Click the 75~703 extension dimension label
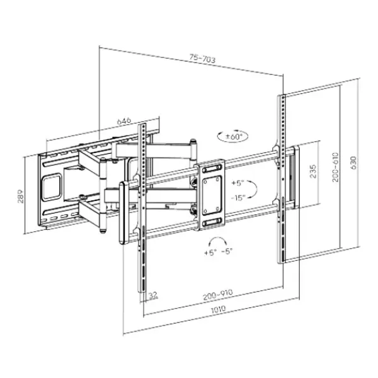coord(202,59)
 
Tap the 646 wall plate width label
coord(124,121)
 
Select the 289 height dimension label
coord(21,196)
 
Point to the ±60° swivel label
coord(233,137)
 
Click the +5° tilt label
coord(238,183)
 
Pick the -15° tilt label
coord(238,198)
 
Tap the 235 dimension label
coord(313,171)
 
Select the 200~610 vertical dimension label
coord(335,167)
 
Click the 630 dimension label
coord(353,163)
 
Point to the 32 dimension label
coord(153,295)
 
